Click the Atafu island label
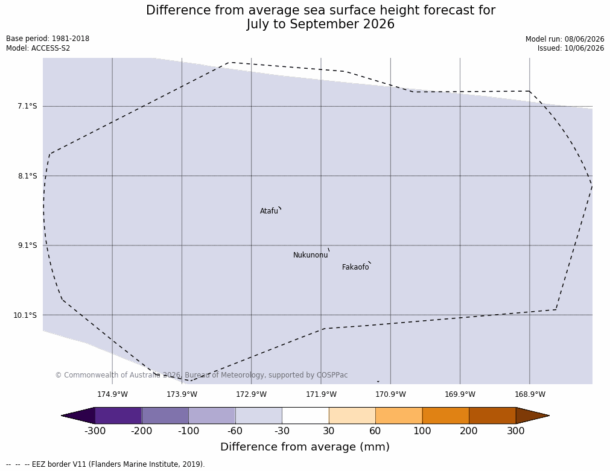pyautogui.click(x=269, y=211)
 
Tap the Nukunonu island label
pyautogui.click(x=311, y=255)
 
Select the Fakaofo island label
pyautogui.click(x=355, y=267)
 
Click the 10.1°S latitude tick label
pyautogui.click(x=25, y=315)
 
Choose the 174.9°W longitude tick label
pyautogui.click(x=112, y=394)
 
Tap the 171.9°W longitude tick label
pyautogui.click(x=321, y=394)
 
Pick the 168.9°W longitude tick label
pyautogui.click(x=530, y=394)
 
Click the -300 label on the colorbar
pyautogui.click(x=95, y=431)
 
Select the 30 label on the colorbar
pyautogui.click(x=329, y=431)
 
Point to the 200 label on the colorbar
pyautogui.click(x=469, y=431)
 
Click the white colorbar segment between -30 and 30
pyautogui.click(x=305, y=416)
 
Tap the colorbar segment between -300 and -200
pyautogui.click(x=118, y=416)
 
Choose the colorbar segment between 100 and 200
pyautogui.click(x=445, y=416)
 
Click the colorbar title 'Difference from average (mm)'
pyautogui.click(x=305, y=446)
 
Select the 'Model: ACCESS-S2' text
pyautogui.click(x=38, y=48)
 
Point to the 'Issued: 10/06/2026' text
pyautogui.click(x=571, y=48)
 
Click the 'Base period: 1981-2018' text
pyautogui.click(x=48, y=39)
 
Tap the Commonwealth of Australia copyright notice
pyautogui.click(x=202, y=375)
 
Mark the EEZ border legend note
pyautogui.click(x=106, y=464)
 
